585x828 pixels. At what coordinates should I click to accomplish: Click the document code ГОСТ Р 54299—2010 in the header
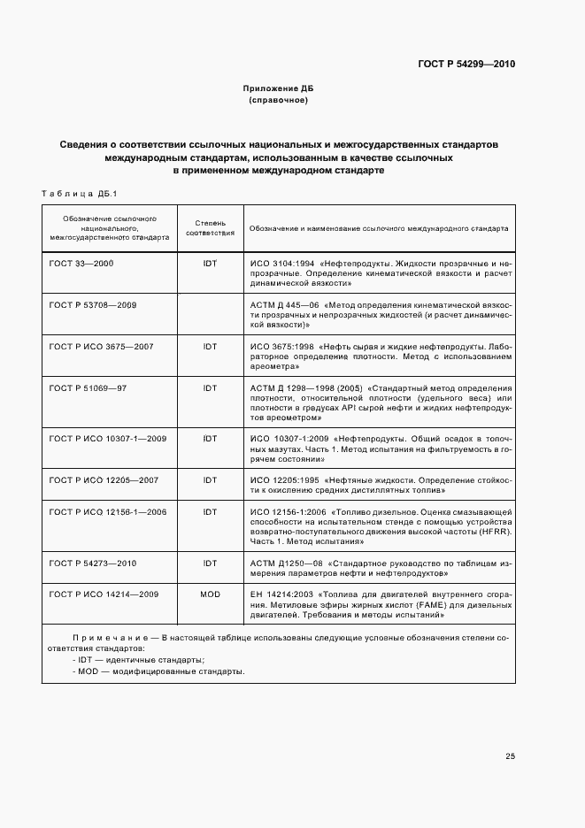pyautogui.click(x=466, y=65)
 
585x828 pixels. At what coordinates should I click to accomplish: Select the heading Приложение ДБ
pyautogui.click(x=278, y=89)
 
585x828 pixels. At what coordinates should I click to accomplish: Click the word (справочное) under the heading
pyautogui.click(x=278, y=101)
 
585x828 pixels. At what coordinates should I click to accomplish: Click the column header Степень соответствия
pyautogui.click(x=210, y=227)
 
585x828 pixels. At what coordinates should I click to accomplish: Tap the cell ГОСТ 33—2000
pyautogui.click(x=81, y=264)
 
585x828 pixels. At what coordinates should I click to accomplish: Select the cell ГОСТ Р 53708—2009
pyautogui.click(x=93, y=304)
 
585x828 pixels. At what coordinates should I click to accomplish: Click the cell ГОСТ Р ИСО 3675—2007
pyautogui.click(x=101, y=346)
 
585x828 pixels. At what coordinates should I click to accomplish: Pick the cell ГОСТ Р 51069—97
pyautogui.click(x=88, y=387)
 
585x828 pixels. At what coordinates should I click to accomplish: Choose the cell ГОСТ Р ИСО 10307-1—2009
pyautogui.click(x=108, y=438)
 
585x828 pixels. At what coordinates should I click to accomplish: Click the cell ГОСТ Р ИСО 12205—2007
pyautogui.click(x=103, y=479)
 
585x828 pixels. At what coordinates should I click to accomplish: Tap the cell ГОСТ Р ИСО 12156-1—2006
pyautogui.click(x=108, y=512)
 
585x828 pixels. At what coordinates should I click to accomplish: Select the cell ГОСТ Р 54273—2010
pyautogui.click(x=93, y=563)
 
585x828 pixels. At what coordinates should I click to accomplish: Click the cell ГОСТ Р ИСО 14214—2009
pyautogui.click(x=104, y=594)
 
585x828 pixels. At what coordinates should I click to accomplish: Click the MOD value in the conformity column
pyautogui.click(x=210, y=594)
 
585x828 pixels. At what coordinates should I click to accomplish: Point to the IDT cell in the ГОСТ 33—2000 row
pyautogui.click(x=210, y=264)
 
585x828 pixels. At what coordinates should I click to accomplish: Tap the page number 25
pyautogui.click(x=510, y=755)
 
